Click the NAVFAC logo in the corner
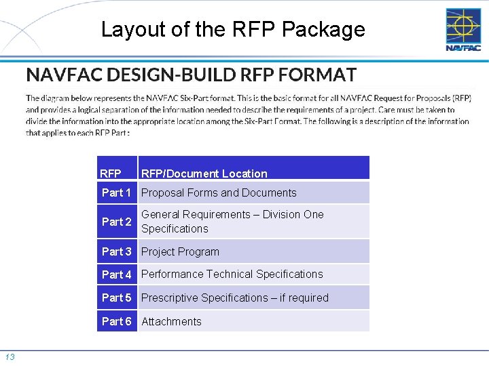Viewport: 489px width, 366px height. coord(463,29)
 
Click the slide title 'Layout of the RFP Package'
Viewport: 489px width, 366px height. coord(233,30)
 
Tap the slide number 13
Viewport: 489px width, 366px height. coord(10,357)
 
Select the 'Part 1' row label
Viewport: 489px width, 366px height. coord(117,192)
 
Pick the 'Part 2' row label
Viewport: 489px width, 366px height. coord(117,222)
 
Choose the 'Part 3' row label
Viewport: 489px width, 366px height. coord(117,251)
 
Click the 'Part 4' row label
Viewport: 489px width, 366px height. coord(117,274)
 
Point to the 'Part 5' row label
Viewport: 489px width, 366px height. coord(117,298)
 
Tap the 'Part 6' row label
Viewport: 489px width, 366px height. coord(117,321)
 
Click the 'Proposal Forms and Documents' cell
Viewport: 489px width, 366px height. coord(219,192)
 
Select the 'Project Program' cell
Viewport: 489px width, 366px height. coord(180,251)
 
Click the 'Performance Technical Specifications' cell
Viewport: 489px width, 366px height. coord(232,274)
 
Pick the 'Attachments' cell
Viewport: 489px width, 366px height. coord(171,321)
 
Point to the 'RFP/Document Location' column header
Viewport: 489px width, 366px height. coord(204,174)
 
